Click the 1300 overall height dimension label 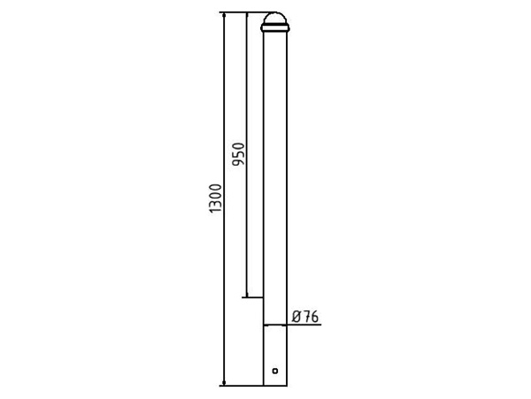pos(216,199)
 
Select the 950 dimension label pos(238,154)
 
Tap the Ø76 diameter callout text pos(305,317)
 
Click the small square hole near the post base pos(275,371)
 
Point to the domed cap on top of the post pos(275,19)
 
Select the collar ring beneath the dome pos(275,28)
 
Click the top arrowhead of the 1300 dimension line pos(224,16)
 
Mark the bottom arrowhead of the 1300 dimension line pos(224,382)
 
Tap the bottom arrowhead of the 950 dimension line pos(247,293)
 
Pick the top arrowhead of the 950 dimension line pos(247,16)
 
